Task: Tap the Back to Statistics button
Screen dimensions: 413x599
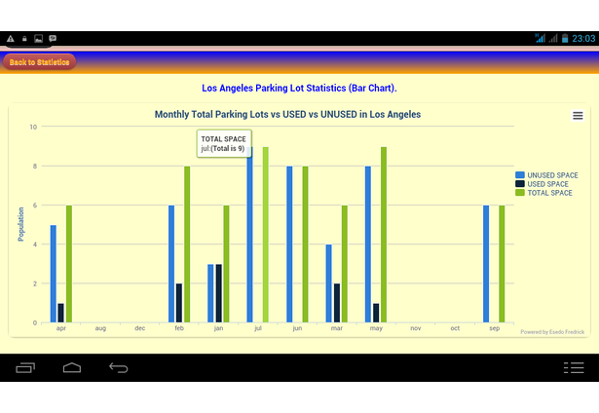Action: coord(39,62)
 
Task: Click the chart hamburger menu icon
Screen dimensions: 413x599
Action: coord(578,116)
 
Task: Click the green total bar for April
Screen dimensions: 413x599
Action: coord(69,264)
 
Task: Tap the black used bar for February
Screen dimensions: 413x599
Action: coord(179,303)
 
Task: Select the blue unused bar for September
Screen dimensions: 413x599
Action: coord(486,264)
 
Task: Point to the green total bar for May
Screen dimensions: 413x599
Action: coord(384,235)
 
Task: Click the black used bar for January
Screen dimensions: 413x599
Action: coord(218,293)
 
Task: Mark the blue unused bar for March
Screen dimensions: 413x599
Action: coord(328,283)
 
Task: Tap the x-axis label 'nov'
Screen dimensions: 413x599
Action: coord(416,329)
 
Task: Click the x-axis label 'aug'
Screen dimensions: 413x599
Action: coord(100,329)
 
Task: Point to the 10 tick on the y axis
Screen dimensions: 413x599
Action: coord(33,127)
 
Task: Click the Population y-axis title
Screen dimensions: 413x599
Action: coord(20,224)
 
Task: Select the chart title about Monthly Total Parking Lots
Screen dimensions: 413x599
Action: coord(287,115)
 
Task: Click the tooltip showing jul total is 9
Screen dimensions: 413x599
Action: coord(223,144)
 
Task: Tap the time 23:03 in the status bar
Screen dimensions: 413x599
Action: coord(583,38)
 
